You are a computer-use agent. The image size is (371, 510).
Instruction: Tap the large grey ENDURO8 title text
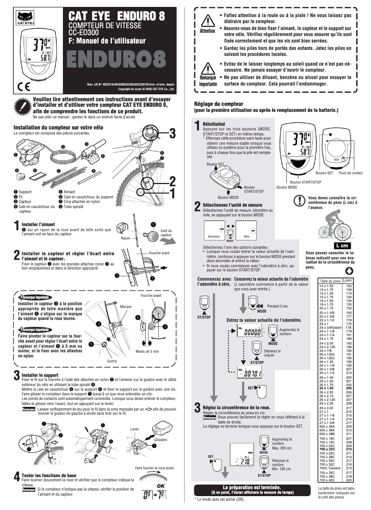tap(116, 60)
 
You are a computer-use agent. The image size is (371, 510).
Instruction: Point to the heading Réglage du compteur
tap(219, 104)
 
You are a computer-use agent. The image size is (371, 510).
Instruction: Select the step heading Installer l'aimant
tap(38, 224)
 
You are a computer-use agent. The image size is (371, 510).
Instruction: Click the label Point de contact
tap(350, 173)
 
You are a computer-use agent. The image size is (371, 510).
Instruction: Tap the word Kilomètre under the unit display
tap(214, 236)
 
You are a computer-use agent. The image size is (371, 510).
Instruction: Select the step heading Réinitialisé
tap(214, 124)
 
